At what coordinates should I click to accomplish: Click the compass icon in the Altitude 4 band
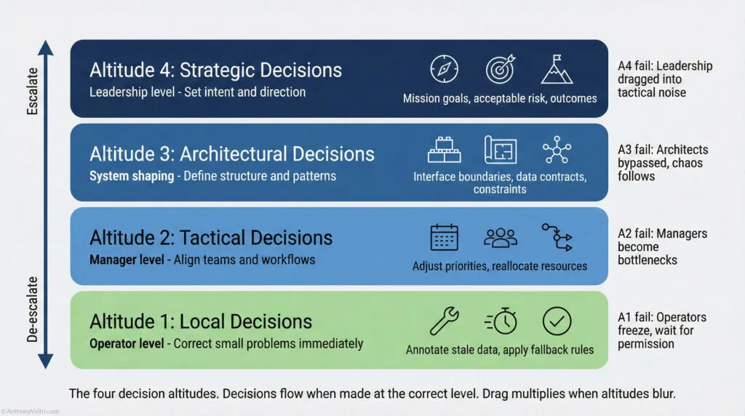443,69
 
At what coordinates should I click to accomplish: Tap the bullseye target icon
501,69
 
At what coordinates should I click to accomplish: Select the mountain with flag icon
557,69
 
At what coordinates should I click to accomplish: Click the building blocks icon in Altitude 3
444,151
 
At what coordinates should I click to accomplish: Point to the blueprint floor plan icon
501,151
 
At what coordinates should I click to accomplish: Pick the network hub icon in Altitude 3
557,150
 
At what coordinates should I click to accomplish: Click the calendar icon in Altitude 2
444,237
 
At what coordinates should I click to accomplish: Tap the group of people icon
501,237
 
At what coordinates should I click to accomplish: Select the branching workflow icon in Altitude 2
557,237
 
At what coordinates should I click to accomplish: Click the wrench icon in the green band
444,321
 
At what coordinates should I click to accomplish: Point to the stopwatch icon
501,321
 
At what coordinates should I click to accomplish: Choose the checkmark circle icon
557,321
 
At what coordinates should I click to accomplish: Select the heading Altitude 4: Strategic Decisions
215,71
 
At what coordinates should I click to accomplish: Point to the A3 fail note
661,162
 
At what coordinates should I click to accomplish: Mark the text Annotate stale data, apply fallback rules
500,350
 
